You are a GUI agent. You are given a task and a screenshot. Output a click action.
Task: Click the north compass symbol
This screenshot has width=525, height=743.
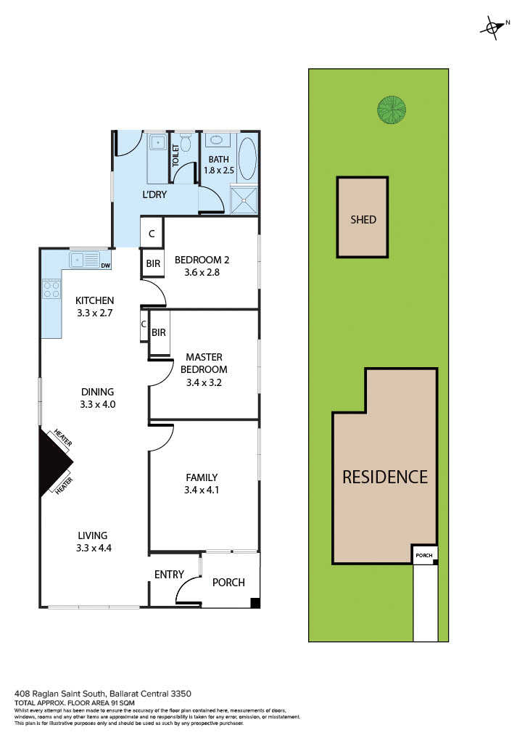(492, 28)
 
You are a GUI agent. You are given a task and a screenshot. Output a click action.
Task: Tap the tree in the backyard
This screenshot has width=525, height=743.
(390, 110)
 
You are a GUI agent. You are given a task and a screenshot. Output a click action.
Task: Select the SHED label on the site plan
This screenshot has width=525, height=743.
(363, 219)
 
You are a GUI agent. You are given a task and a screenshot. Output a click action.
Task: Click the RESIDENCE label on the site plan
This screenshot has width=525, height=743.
(385, 477)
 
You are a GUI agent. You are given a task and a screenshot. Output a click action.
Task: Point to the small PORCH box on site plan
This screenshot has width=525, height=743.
(424, 557)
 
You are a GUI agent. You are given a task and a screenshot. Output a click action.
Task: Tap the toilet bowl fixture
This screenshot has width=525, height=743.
(185, 139)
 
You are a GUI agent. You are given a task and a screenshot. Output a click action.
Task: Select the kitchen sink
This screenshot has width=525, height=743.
(84, 259)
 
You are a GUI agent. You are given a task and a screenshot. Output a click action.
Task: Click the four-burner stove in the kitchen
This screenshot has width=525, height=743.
(51, 290)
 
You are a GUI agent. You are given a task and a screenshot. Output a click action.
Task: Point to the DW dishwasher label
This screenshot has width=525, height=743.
(106, 266)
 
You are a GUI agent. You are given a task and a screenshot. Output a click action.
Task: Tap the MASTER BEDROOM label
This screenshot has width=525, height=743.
(204, 363)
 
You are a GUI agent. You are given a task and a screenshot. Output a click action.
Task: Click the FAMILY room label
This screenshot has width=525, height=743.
(202, 477)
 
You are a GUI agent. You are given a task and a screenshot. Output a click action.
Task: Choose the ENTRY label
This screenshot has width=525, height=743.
(169, 575)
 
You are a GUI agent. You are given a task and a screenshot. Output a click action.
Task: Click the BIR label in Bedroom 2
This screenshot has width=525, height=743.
(153, 264)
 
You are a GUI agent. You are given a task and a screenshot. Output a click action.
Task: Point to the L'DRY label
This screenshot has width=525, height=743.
(155, 195)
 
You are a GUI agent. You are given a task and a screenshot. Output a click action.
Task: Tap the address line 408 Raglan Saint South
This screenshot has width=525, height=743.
(102, 694)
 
